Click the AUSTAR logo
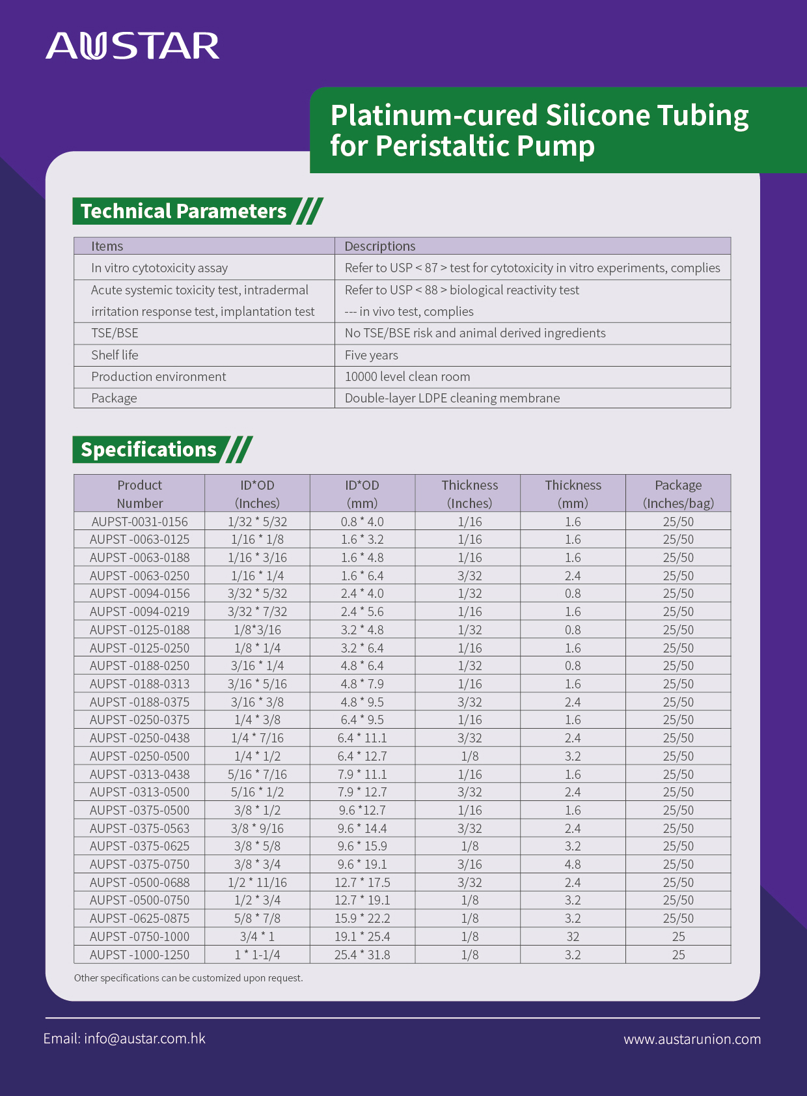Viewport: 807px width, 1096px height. [133, 46]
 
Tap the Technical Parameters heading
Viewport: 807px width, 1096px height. [184, 211]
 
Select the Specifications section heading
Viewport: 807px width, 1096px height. [148, 449]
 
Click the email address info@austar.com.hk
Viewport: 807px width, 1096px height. [124, 1038]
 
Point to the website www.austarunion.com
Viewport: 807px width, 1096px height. [692, 1039]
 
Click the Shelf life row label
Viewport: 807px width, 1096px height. [115, 355]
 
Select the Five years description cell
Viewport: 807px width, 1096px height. [371, 355]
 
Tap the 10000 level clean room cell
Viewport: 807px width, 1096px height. [407, 376]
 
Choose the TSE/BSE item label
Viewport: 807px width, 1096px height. [115, 333]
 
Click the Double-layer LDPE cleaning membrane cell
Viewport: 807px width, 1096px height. [452, 398]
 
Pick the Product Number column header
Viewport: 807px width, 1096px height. [139, 494]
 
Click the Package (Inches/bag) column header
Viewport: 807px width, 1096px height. [678, 494]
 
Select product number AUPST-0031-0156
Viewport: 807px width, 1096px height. [139, 522]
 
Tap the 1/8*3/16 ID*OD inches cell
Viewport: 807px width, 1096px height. [257, 630]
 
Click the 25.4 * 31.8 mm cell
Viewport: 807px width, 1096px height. [362, 955]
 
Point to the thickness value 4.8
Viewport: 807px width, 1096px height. [573, 864]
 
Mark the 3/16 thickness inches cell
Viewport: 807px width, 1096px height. [469, 864]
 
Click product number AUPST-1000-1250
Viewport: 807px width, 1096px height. [139, 955]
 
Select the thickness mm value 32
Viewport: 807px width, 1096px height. [573, 936]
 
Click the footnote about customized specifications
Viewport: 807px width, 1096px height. [188, 977]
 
